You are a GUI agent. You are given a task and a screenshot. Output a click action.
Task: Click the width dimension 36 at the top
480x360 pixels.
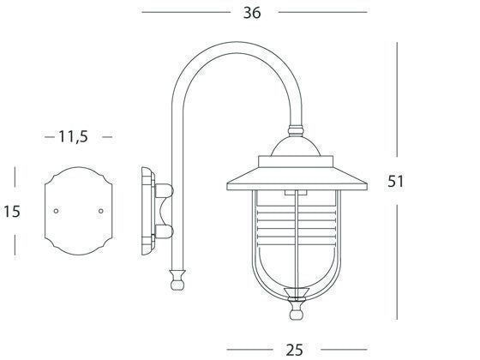(251, 12)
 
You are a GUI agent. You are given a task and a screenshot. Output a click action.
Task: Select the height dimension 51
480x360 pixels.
(396, 182)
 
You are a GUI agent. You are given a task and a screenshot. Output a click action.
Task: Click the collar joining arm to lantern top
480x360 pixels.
(297, 133)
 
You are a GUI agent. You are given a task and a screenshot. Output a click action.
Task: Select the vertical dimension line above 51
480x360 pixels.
(396, 103)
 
